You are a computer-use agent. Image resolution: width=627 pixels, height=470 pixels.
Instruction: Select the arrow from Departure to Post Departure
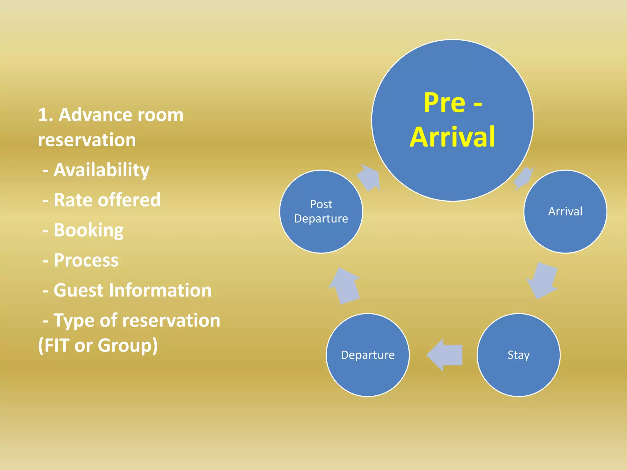coord(345,286)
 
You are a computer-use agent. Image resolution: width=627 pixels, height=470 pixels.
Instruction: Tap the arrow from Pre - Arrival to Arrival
coord(524,178)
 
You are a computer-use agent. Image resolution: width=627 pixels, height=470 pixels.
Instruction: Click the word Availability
coord(101,170)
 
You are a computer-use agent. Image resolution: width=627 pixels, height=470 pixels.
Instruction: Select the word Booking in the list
coord(88,230)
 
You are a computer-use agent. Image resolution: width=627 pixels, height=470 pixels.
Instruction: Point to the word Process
coord(86,260)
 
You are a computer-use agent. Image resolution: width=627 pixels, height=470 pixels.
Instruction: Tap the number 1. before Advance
coord(46,115)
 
